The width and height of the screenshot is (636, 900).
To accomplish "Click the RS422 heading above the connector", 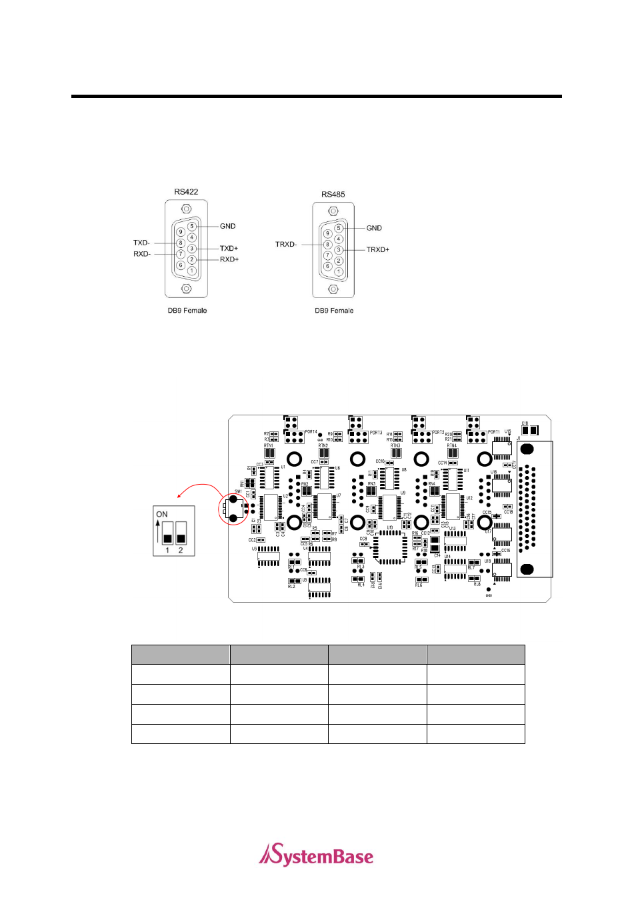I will [x=186, y=192].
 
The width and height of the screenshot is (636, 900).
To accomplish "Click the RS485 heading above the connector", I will [x=333, y=195].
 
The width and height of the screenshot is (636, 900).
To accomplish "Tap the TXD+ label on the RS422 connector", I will [x=229, y=249].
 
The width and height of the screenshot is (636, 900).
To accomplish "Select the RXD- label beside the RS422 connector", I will [x=142, y=254].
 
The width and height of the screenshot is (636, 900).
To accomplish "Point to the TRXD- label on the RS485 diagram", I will [x=286, y=245].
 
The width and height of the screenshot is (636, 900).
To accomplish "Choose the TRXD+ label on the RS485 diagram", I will [x=377, y=250].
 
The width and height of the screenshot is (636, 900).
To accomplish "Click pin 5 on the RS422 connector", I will [x=192, y=227].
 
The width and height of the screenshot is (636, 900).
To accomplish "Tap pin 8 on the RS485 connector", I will [x=328, y=245].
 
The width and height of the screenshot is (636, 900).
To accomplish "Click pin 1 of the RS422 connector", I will [x=191, y=271].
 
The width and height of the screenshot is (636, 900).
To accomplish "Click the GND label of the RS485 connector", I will [x=374, y=228].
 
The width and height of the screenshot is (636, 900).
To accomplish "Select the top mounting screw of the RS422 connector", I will [x=187, y=209].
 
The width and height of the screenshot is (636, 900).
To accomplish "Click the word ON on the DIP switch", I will [x=162, y=514].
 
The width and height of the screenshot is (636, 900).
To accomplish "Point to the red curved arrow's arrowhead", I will [x=179, y=496].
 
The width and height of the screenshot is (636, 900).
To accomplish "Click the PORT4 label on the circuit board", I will [x=311, y=433].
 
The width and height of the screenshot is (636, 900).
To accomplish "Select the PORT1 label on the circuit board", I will [x=494, y=432].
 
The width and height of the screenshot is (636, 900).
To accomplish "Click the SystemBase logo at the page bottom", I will [x=317, y=855].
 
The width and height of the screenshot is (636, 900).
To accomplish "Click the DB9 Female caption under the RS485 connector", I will [x=334, y=311].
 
